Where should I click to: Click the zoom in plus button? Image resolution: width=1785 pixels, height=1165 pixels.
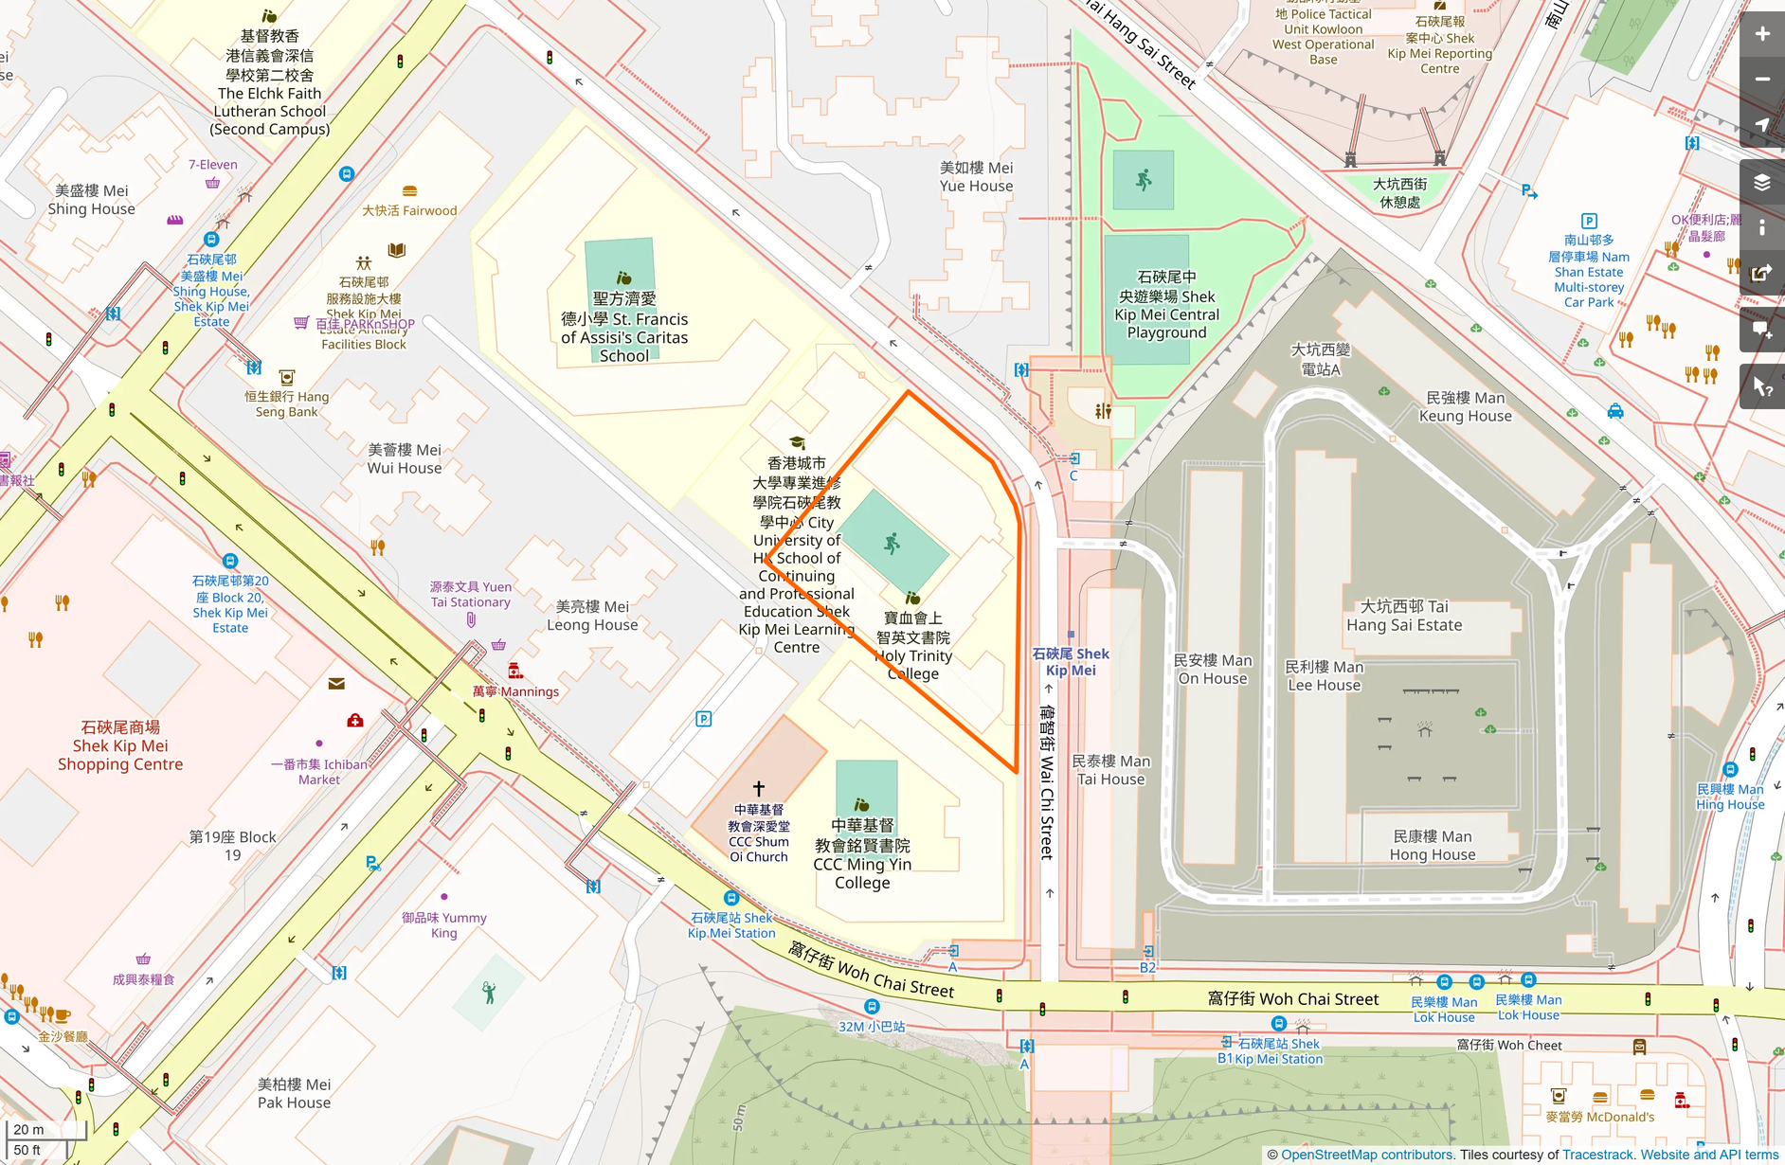click(1761, 34)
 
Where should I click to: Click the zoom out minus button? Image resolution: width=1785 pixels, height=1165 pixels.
click(1761, 80)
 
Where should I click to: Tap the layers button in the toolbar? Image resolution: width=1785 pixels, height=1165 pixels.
click(1761, 182)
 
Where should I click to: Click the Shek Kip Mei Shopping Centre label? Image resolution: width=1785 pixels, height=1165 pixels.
click(120, 745)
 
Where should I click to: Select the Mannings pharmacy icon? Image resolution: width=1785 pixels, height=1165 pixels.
click(514, 672)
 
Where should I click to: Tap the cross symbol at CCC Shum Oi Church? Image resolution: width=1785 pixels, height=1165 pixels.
click(758, 788)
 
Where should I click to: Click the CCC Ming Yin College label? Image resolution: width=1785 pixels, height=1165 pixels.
click(862, 853)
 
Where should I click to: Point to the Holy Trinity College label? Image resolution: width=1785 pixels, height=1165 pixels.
click(912, 646)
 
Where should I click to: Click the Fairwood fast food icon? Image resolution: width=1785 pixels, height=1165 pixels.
click(409, 191)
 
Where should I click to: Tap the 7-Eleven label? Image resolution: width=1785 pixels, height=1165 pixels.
click(212, 165)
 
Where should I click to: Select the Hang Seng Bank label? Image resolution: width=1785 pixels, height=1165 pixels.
click(286, 403)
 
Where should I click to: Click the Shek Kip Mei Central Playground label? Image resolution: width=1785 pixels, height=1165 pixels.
click(1166, 305)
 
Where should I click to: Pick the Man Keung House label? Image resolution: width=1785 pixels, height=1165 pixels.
click(1465, 406)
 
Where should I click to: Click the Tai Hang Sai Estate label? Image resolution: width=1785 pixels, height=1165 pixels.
click(1404, 616)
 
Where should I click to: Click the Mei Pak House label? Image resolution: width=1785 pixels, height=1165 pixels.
click(294, 1093)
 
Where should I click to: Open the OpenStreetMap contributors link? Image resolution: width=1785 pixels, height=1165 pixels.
click(1365, 1155)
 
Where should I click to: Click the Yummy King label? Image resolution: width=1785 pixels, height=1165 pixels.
click(443, 924)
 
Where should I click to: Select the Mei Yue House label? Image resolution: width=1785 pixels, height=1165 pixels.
click(976, 177)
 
